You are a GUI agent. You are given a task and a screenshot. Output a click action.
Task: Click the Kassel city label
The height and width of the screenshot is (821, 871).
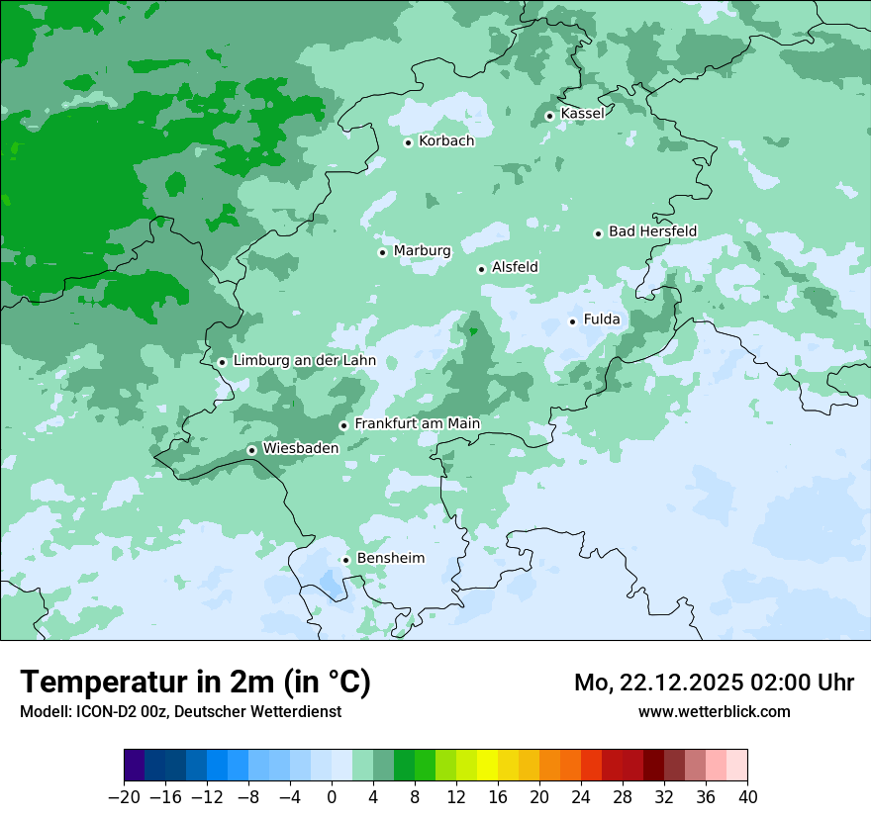click(582, 114)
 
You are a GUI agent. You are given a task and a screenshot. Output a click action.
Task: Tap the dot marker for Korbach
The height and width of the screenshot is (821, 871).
click(408, 142)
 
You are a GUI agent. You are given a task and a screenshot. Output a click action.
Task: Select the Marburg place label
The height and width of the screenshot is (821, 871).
click(422, 251)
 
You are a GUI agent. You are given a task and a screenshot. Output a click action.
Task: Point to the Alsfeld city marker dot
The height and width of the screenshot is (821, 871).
click(481, 269)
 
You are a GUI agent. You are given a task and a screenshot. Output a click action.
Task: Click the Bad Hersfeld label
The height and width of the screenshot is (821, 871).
click(652, 231)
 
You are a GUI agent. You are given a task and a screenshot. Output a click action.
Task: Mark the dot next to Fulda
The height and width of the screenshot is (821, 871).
click(572, 321)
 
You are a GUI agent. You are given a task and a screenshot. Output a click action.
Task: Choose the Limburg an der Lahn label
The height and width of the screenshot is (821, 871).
click(304, 361)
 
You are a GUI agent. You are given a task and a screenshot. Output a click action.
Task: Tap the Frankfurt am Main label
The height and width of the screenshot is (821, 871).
click(417, 424)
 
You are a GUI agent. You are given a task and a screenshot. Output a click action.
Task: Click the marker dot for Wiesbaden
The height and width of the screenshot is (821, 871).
click(251, 450)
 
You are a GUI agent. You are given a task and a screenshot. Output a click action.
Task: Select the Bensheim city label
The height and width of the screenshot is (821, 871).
click(390, 559)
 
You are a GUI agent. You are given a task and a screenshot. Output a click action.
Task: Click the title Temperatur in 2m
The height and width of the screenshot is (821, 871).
click(195, 683)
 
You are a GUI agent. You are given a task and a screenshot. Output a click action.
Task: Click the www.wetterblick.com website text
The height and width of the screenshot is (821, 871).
click(714, 711)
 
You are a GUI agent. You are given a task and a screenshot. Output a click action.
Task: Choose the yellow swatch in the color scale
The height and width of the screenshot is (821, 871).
click(487, 766)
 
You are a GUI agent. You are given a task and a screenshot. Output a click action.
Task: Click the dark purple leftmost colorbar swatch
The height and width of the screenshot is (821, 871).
click(135, 766)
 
